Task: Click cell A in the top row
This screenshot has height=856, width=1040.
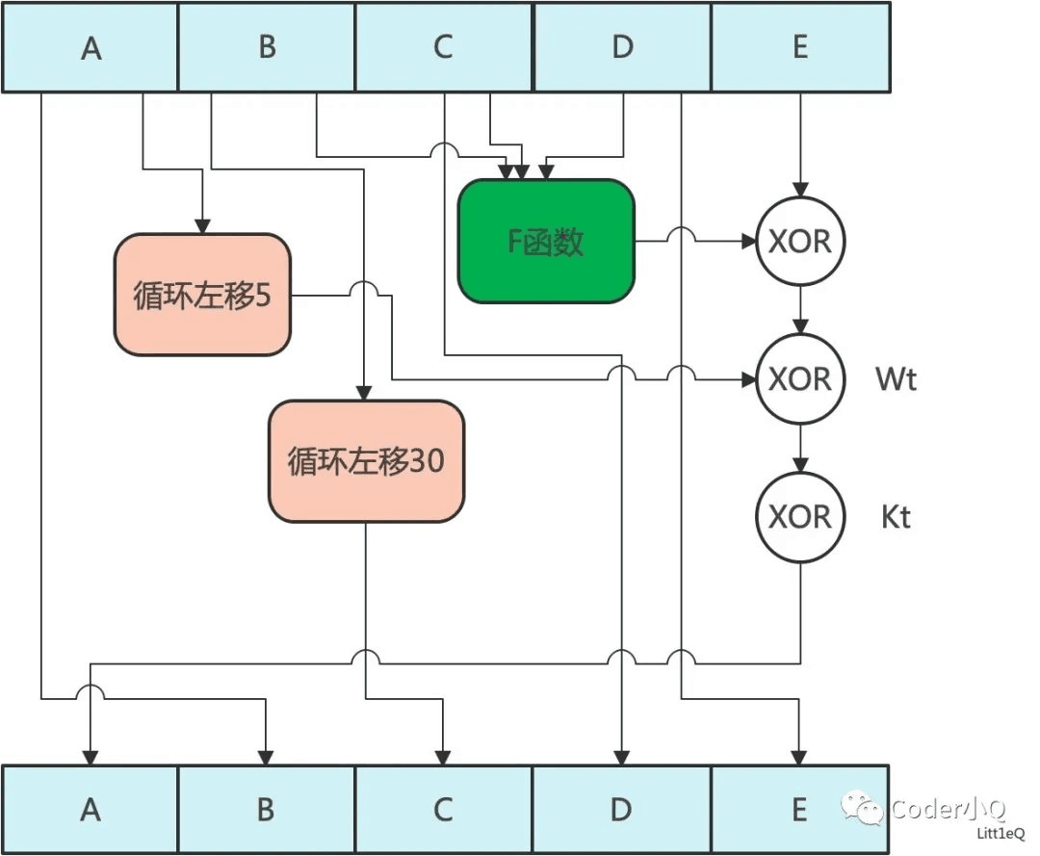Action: point(91,47)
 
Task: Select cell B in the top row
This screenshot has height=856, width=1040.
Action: point(267,47)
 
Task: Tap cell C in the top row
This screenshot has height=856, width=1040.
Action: point(443,47)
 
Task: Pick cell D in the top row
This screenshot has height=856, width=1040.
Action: point(622,47)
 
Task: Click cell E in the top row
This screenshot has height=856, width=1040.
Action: point(799,47)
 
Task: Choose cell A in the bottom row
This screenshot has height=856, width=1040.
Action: point(91,810)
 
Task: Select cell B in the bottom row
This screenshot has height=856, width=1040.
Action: point(267,810)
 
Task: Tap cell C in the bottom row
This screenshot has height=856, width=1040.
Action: point(443,810)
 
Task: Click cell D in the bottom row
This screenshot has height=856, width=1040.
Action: point(622,810)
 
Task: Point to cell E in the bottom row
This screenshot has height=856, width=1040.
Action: point(799,810)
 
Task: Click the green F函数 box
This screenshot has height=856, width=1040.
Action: point(546,242)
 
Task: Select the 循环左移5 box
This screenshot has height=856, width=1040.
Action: point(202,296)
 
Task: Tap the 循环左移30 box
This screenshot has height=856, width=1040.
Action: point(366,461)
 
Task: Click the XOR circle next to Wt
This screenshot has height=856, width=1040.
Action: point(800,379)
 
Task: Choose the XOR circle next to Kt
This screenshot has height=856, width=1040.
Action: point(800,517)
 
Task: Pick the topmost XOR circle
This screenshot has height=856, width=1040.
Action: point(800,242)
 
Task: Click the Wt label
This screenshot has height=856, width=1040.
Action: point(896,379)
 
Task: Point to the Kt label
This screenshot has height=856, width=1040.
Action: point(896,517)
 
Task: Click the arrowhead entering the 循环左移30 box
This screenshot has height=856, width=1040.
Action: point(364,393)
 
